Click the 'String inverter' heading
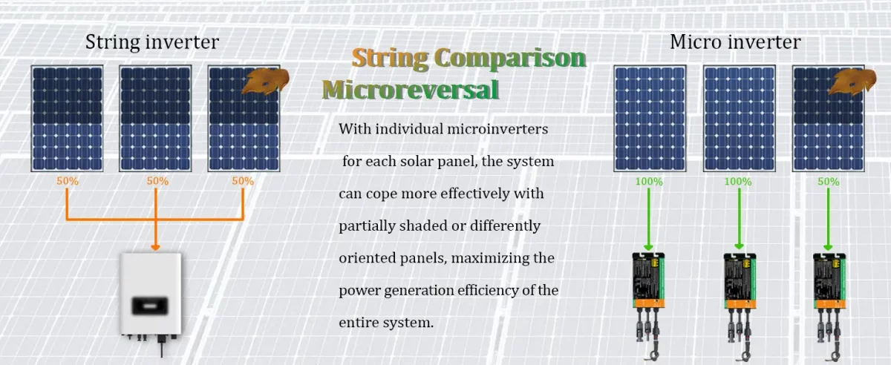pyautogui.click(x=151, y=42)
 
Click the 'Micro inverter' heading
pyautogui.click(x=735, y=42)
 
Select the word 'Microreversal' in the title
pyautogui.click(x=411, y=91)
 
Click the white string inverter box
pyautogui.click(x=151, y=292)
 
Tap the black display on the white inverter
pyautogui.click(x=151, y=303)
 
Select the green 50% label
pyautogui.click(x=828, y=182)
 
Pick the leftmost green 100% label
pyautogui.click(x=649, y=182)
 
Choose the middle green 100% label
pyautogui.click(x=737, y=182)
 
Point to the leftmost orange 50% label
pyautogui.click(x=67, y=181)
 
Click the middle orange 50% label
pyautogui.click(x=157, y=181)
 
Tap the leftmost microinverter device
pyautogui.click(x=648, y=286)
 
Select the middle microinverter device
pyautogui.click(x=740, y=286)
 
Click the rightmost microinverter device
pyautogui.click(x=829, y=286)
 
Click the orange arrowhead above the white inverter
pyautogui.click(x=155, y=246)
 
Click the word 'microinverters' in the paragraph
pyautogui.click(x=498, y=129)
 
